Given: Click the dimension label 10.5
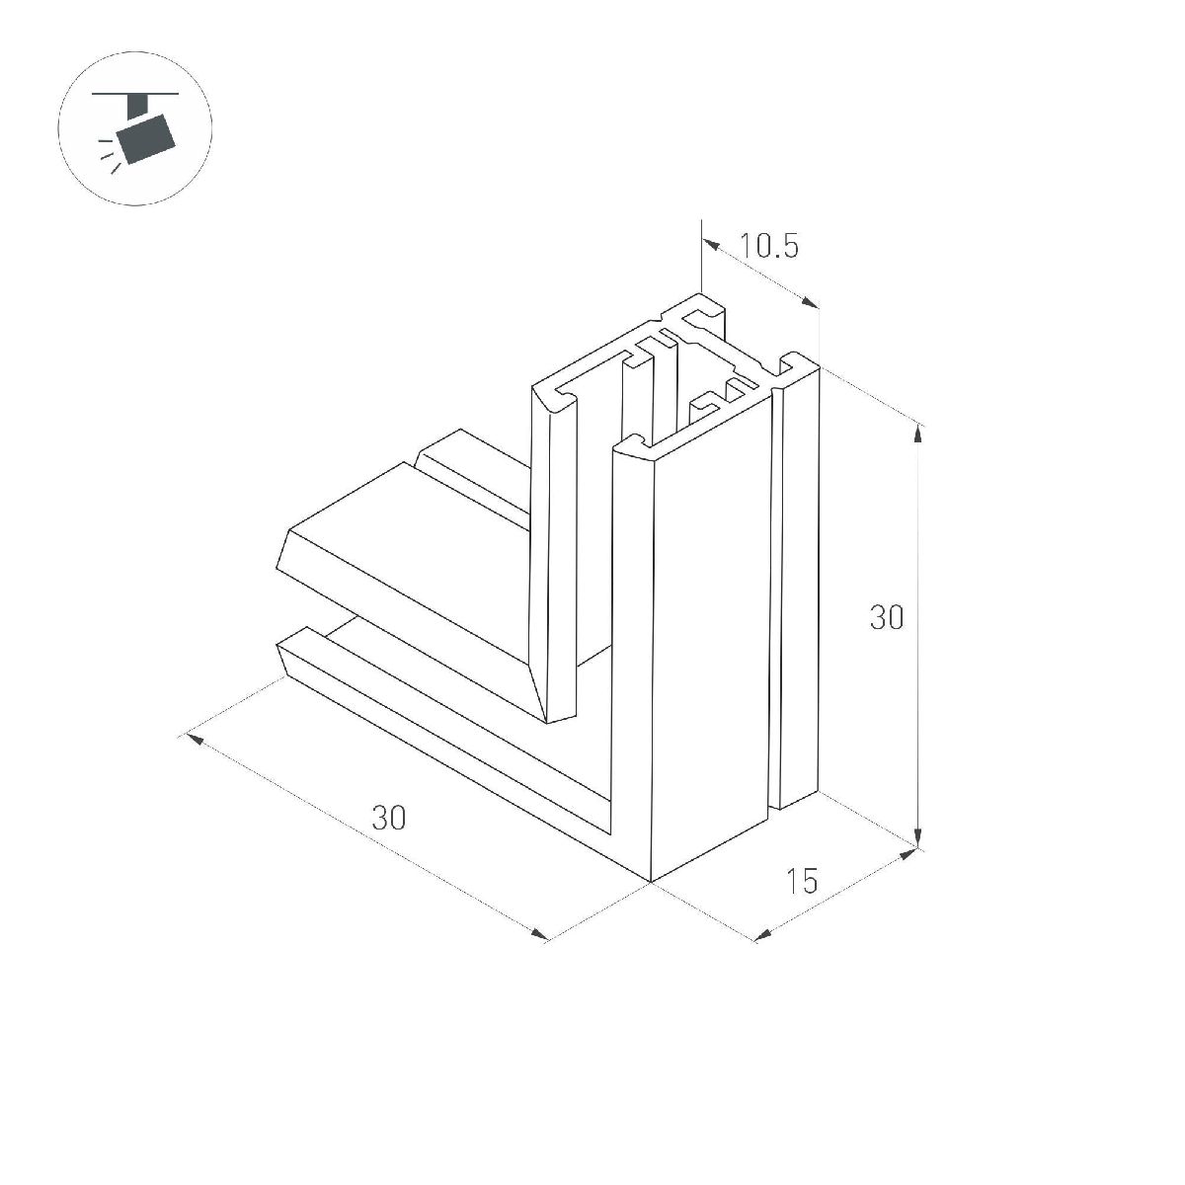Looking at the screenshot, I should pos(769,245).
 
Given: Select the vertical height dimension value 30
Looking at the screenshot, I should pos(886,618).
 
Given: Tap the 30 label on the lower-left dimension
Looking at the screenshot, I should pos(388,817).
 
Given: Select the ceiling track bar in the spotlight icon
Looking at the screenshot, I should pos(135,95).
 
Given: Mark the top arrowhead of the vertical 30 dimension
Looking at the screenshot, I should pos(919,430).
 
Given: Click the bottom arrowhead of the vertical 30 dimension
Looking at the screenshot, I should pos(919,840).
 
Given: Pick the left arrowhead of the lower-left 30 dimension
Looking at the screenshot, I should pos(193,738).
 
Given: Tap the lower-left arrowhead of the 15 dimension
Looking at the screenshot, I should pos(762,934).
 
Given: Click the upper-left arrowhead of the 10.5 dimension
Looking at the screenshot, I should pos(707,242).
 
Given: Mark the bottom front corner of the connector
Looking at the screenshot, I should pos(651,880).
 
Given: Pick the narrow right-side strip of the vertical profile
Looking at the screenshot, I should pos(800,592).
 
